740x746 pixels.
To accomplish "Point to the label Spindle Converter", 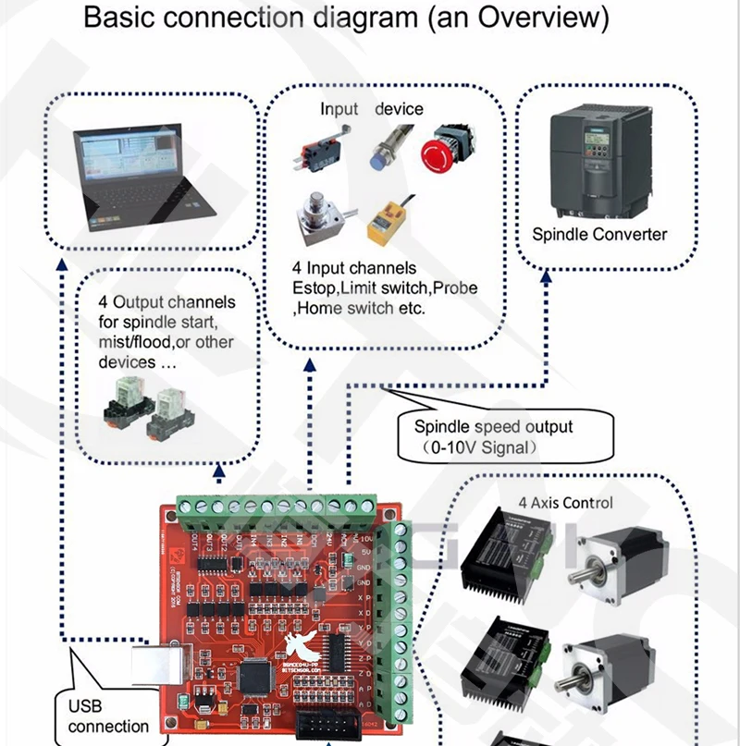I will tap(598, 235).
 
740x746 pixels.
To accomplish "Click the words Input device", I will tap(371, 109).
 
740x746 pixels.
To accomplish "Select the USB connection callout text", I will tap(108, 717).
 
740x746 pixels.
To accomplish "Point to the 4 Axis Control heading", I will tap(565, 503).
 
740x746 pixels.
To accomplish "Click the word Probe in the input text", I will tap(455, 288).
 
